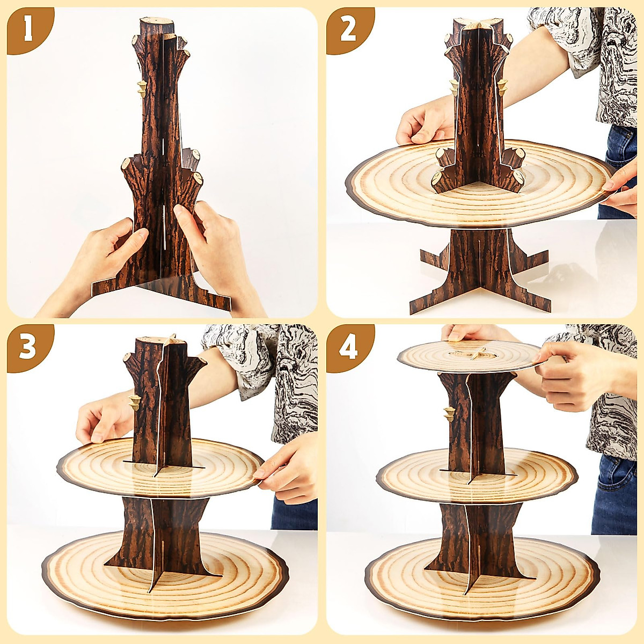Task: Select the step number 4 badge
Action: point(348,348)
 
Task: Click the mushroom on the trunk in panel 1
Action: point(142,88)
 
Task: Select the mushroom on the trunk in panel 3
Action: point(134,401)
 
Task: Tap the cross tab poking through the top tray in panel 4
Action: point(478,353)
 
